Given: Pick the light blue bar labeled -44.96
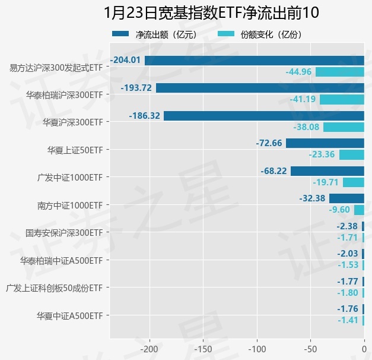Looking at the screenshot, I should [339, 72].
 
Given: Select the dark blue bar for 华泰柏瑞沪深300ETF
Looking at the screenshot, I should [260, 88].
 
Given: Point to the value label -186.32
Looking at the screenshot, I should [145, 116].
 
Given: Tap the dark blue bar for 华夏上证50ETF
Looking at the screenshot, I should [325, 143].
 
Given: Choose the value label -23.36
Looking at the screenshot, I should [322, 155].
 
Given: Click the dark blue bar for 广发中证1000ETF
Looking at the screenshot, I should [327, 171].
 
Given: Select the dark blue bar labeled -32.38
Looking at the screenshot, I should [346, 198].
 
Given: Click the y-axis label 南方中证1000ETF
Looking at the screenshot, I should [70, 206].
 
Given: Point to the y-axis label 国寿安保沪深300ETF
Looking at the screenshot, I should [65, 233].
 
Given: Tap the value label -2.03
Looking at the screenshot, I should [346, 254].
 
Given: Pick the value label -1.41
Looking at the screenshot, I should [348, 321].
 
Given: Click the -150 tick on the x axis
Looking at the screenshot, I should [203, 348].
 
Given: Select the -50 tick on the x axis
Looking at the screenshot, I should [311, 348].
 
